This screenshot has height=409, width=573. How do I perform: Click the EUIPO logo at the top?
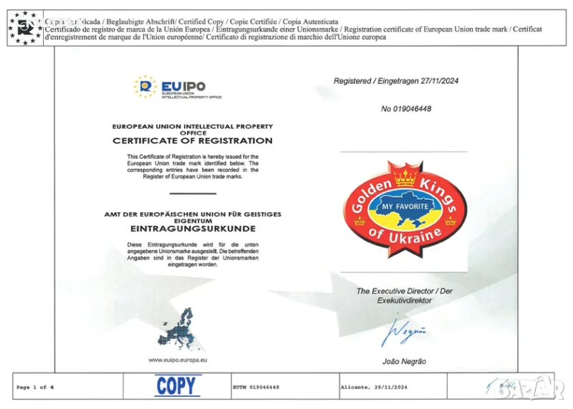coord(178,87)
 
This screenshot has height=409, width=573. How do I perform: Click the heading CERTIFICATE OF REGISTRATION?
coord(193,141)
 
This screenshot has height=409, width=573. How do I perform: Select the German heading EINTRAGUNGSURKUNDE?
coord(193,229)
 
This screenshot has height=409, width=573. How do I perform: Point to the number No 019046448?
coord(406,109)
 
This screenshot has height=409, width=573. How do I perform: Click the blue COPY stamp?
coord(176,386)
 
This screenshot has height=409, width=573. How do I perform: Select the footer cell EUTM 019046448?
coord(256,387)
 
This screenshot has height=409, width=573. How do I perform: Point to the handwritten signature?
coord(408,332)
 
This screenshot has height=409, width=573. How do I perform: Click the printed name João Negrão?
coord(405,361)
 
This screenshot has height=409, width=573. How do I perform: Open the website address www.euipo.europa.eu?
coord(178,360)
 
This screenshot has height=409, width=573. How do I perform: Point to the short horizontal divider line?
coord(193,193)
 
